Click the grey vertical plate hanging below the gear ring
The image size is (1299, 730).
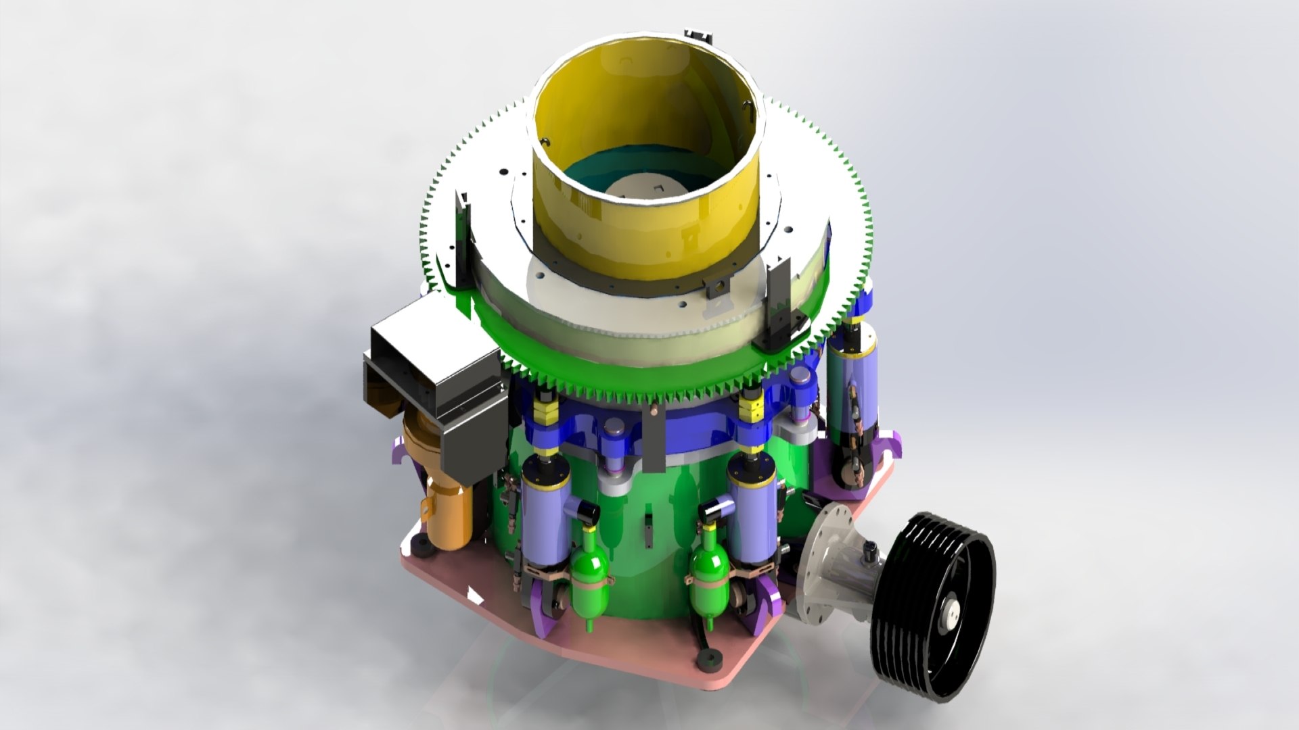(652, 439)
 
